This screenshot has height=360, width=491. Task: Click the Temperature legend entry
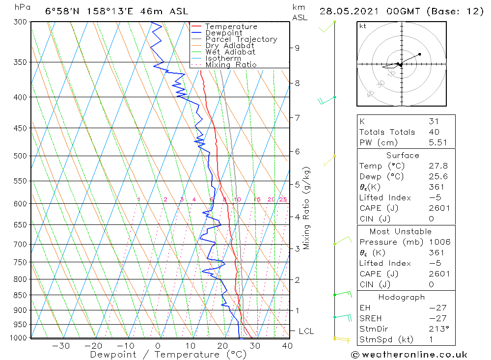pyautogui.click(x=231, y=27)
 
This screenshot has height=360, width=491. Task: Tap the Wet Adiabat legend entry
pyautogui.click(x=230, y=52)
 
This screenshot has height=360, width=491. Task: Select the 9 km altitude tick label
pyautogui.click(x=297, y=48)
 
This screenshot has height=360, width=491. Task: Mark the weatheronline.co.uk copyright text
pyautogui.click(x=409, y=355)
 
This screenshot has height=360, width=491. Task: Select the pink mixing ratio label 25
pyautogui.click(x=283, y=199)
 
